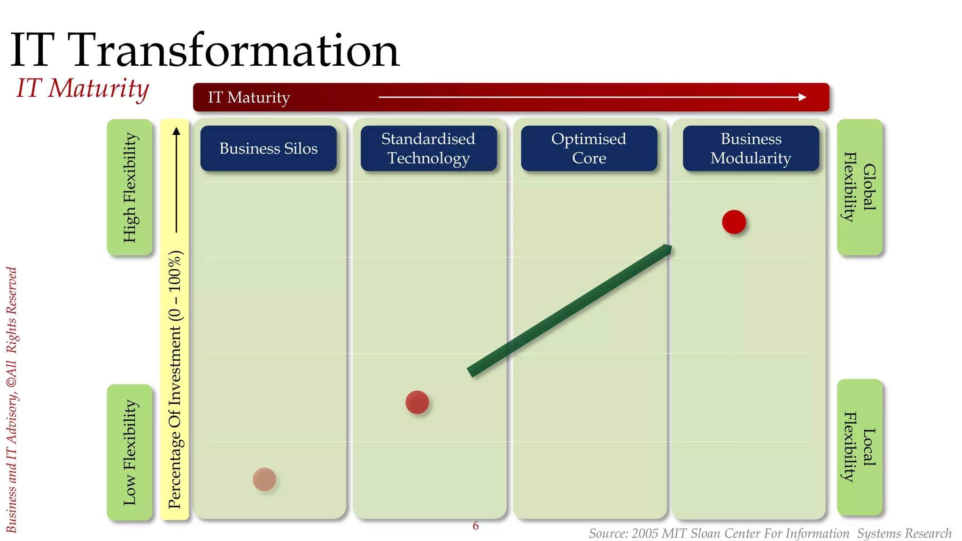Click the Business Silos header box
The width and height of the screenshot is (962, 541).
268,148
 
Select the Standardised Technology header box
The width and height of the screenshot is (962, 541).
428,148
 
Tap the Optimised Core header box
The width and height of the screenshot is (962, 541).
589,148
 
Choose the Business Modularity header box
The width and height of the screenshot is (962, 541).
751,148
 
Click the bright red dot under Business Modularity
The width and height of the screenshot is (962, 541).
734,222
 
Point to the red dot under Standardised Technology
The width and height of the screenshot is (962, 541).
417,402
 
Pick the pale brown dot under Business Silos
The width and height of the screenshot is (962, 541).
264,479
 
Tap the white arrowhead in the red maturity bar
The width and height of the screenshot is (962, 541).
802,97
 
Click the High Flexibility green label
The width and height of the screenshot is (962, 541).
130,187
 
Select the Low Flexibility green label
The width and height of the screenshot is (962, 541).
130,452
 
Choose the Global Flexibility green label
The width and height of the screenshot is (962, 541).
860,187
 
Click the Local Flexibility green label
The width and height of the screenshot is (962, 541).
860,447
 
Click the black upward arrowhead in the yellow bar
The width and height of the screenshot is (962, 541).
176,131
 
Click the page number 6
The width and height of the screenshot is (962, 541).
475,526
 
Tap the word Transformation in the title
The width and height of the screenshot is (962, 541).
235,51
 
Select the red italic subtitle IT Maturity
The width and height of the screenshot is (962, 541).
83,88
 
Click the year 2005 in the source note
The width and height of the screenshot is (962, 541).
644,533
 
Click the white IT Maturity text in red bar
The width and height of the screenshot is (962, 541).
249,97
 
